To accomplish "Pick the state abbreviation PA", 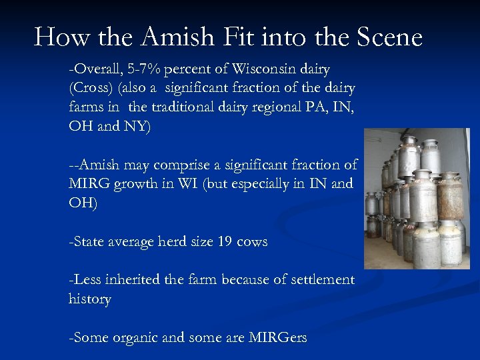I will [301, 107].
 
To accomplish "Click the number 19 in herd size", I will [225, 241].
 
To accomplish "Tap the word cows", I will [252, 241].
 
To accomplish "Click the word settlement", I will [319, 280].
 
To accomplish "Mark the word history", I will [89, 299].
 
